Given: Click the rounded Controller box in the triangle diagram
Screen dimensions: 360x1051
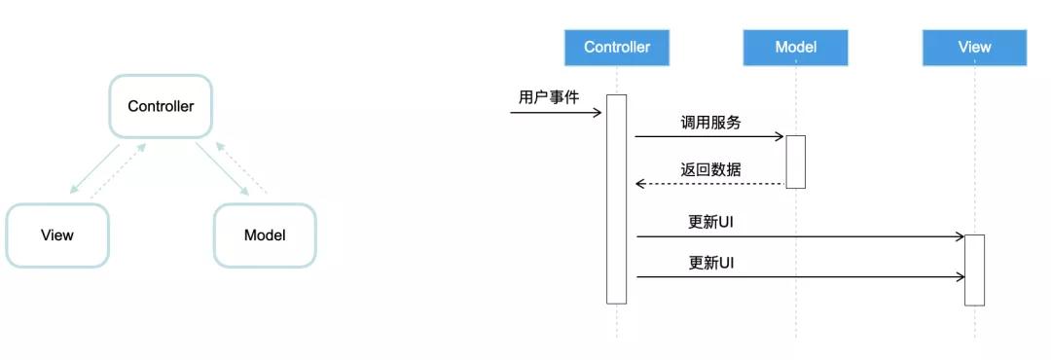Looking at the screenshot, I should tap(161, 106).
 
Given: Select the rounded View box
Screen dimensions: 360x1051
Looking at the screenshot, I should tap(57, 234).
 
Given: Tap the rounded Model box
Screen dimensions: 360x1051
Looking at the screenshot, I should tap(265, 234).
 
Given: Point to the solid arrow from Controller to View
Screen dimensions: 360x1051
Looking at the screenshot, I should tap(95, 170).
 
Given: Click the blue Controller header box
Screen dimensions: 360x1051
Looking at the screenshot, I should tap(617, 47).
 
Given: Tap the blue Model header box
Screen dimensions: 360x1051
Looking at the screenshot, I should tap(795, 47).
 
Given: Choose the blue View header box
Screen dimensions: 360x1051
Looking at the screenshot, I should tap(974, 47).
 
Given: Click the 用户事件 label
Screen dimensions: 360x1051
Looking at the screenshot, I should tap(549, 97).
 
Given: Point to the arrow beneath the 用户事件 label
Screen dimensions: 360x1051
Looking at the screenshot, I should tap(556, 113).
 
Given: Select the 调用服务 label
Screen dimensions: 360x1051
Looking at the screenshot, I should tap(710, 123).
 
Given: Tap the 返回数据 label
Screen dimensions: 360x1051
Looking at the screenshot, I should tap(710, 169).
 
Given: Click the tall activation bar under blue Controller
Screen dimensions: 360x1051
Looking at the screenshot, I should tap(617, 198).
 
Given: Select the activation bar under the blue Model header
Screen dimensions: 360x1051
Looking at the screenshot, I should tap(795, 162).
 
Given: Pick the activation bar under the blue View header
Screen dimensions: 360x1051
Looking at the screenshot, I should tap(974, 270).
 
